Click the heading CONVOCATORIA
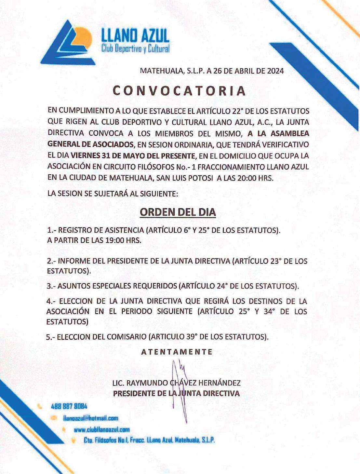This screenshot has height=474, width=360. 179,91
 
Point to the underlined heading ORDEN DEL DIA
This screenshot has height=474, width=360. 178,212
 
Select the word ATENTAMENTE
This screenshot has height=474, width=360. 177,352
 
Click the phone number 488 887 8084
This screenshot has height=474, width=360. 69,406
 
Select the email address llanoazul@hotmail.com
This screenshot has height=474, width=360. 91,418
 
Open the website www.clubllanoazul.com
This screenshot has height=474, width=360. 101,429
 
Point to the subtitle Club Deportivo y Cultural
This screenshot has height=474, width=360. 135,49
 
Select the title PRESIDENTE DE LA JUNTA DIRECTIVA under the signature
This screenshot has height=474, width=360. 176,393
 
